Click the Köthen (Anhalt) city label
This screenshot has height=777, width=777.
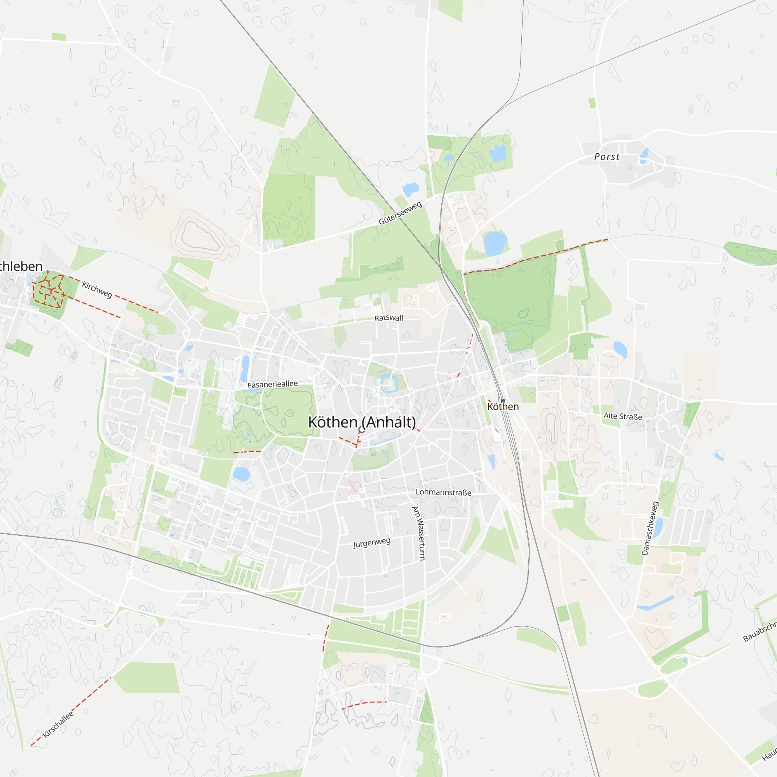(x=362, y=422)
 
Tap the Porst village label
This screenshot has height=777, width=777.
(x=606, y=157)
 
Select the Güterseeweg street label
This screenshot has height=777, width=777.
(x=400, y=213)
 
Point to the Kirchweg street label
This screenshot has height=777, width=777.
(x=97, y=289)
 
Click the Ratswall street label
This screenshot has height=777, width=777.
(x=388, y=318)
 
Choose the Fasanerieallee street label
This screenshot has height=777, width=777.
(x=272, y=385)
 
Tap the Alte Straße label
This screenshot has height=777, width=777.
(x=622, y=416)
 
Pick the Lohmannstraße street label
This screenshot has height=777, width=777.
(x=443, y=492)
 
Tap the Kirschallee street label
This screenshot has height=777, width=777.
(x=58, y=724)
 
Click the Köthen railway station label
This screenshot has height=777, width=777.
(x=503, y=407)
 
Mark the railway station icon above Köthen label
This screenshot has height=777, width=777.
(x=503, y=401)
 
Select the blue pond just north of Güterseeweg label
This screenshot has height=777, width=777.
(x=411, y=189)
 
